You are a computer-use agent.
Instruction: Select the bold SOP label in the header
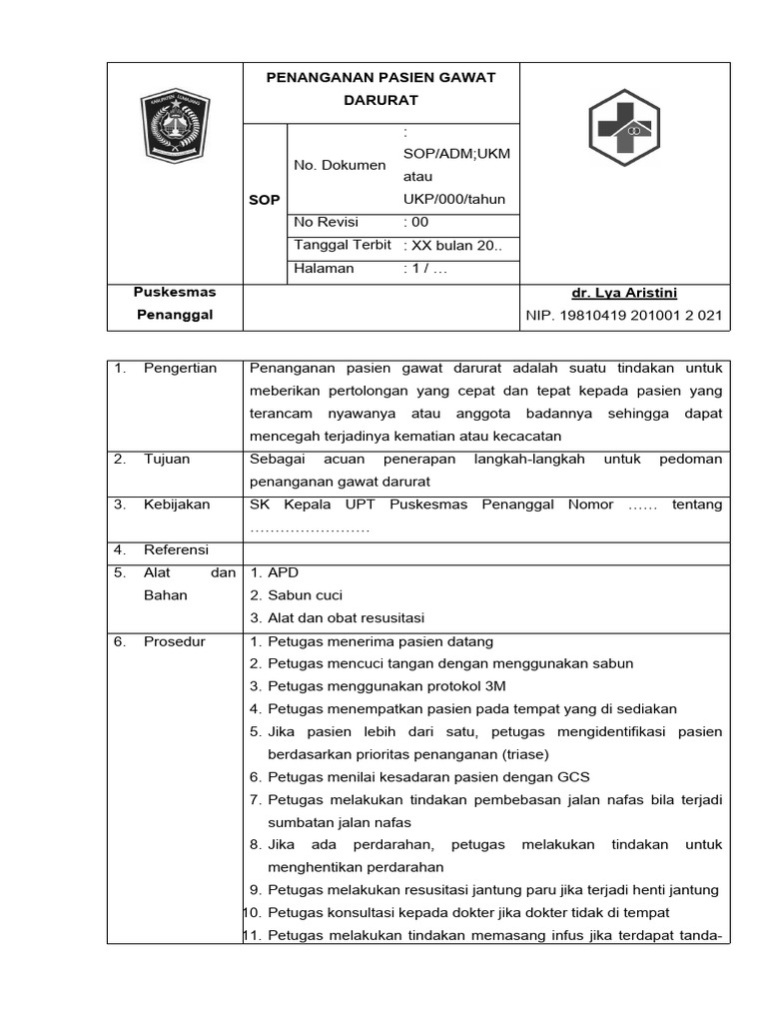click(265, 200)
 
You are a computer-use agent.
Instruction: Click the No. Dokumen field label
click(340, 165)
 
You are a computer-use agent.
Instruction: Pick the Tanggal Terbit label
click(343, 245)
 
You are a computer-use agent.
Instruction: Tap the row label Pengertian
click(180, 368)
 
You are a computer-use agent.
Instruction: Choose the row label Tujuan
click(167, 459)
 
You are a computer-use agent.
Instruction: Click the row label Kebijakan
click(177, 505)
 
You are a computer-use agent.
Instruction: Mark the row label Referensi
click(176, 549)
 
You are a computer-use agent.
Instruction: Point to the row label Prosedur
click(175, 641)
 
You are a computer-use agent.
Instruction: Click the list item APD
click(284, 572)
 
